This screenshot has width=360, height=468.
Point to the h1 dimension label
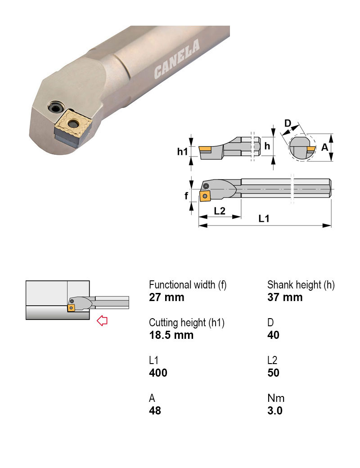pos(182,152)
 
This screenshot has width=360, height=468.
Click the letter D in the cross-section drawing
pos(288,123)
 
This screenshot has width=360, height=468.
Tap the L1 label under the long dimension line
pos(264,219)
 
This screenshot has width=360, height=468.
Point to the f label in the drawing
pos(186,196)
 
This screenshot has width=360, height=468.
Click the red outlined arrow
pos(103,321)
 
